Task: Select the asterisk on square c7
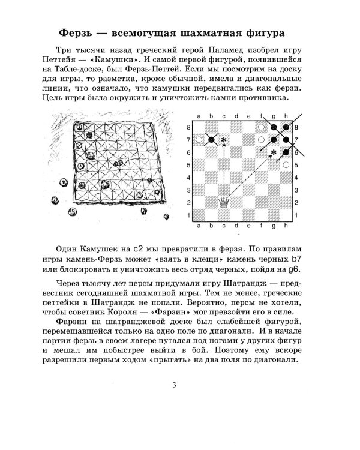[224, 140]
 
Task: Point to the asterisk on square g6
[274, 152]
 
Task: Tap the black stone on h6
[287, 152]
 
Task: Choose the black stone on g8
[274, 128]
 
